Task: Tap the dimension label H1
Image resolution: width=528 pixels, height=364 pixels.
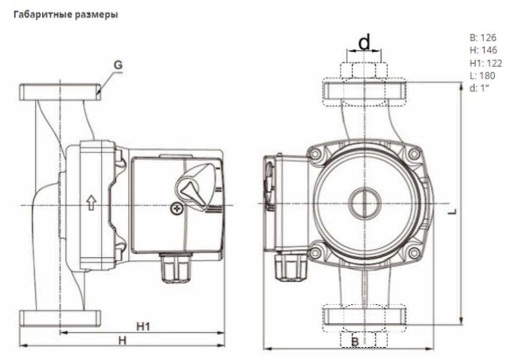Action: [x=144, y=327]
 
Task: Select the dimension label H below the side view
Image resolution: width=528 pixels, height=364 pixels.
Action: [x=122, y=341]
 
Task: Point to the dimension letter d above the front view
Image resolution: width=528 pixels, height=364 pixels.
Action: [x=364, y=42]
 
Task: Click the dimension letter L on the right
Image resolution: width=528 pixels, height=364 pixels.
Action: [x=454, y=211]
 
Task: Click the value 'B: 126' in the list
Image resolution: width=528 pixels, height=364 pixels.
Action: [x=483, y=38]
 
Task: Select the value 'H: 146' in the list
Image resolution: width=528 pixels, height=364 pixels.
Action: [x=483, y=50]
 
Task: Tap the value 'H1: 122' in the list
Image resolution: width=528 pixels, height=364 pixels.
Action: [x=485, y=63]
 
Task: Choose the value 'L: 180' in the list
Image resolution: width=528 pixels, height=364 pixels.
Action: [x=482, y=76]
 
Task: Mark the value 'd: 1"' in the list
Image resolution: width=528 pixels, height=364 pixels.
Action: [x=480, y=88]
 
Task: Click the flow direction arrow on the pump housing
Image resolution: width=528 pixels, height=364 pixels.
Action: [x=91, y=203]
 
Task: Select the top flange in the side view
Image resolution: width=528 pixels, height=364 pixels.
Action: [x=60, y=92]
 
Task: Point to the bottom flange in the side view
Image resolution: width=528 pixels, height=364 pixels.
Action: [x=60, y=318]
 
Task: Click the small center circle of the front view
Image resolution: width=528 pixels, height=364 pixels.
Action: [x=364, y=203]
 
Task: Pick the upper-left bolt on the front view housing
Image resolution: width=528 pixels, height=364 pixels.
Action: [x=316, y=155]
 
